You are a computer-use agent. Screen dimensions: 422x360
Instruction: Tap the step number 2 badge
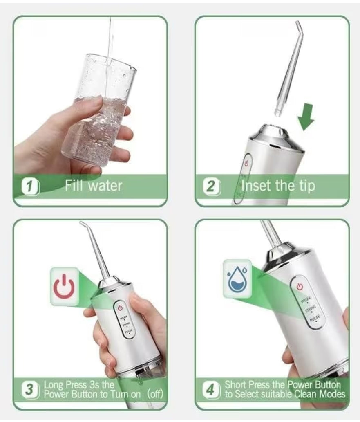[x=211, y=186]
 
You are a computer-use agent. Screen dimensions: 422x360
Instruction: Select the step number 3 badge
[x=29, y=389]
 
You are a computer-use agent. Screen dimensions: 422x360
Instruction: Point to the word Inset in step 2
[x=256, y=186]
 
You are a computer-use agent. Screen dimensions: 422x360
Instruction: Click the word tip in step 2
[x=304, y=186]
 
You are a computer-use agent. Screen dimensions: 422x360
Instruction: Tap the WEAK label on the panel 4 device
[x=306, y=301]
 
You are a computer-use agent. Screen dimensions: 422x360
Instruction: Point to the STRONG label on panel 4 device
[x=311, y=310]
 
